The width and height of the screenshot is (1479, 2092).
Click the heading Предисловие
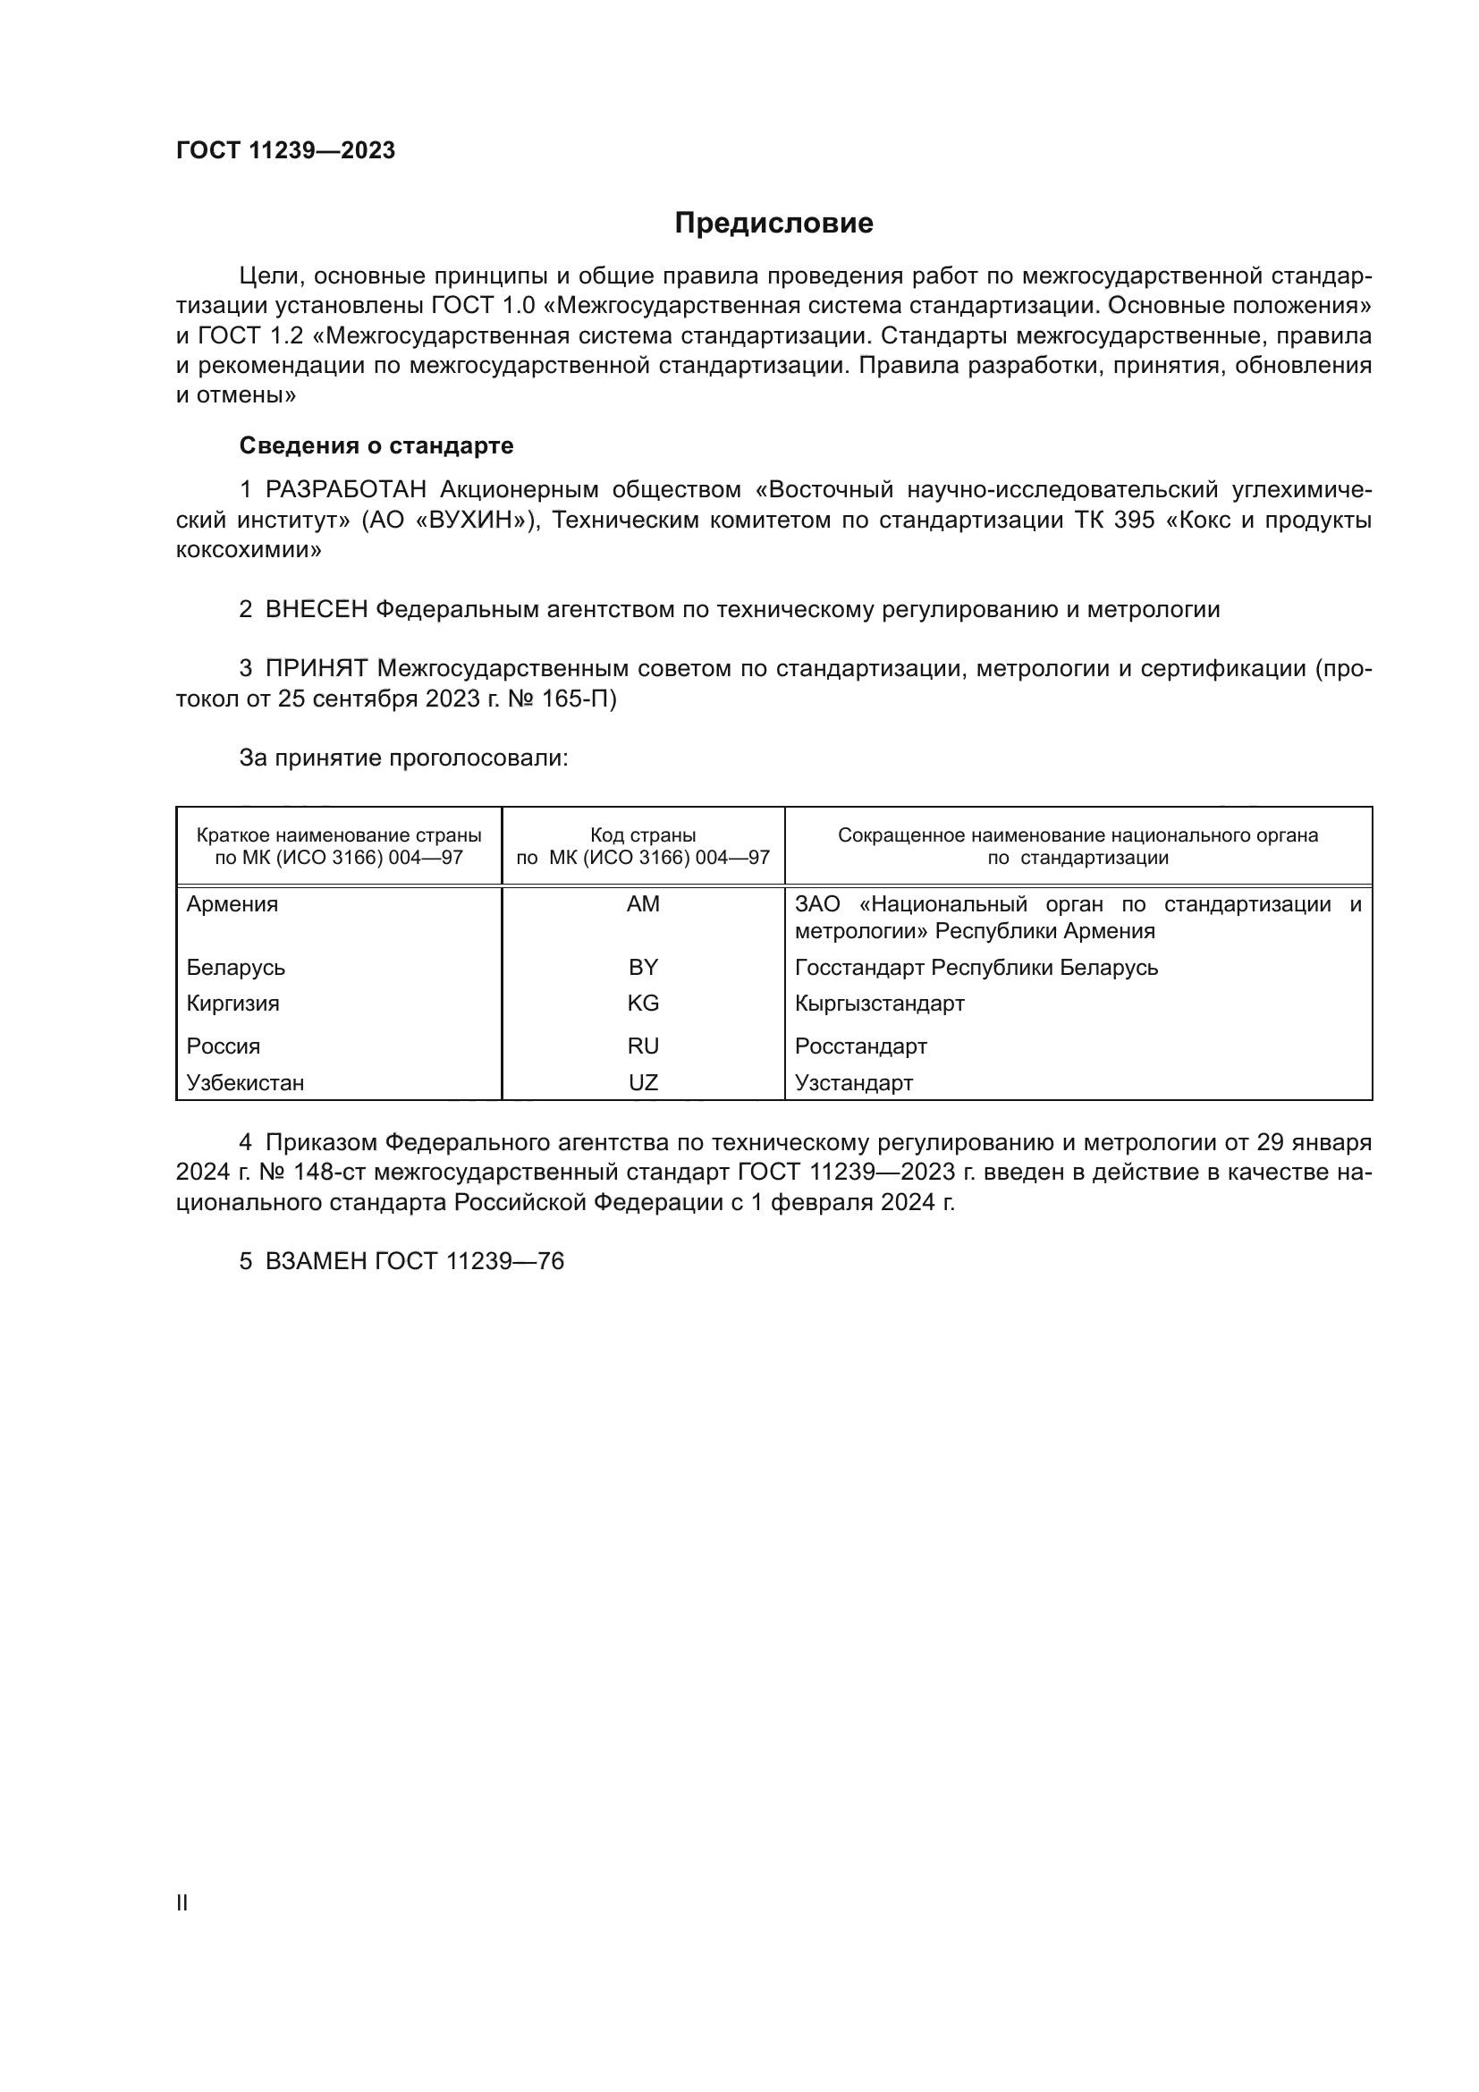[x=773, y=224]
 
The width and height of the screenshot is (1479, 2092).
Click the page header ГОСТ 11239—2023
[x=285, y=150]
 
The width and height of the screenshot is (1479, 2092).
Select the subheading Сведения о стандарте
[x=376, y=445]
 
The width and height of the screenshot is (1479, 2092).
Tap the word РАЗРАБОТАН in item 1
[x=345, y=490]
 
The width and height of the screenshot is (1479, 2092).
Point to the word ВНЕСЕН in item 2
[x=316, y=610]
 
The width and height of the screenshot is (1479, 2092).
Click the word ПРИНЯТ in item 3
[x=316, y=669]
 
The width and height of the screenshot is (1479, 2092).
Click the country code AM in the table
[x=643, y=904]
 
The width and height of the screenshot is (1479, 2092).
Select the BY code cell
[x=643, y=967]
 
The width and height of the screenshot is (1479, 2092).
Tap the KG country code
[x=643, y=1004]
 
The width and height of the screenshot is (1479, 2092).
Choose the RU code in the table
[x=643, y=1046]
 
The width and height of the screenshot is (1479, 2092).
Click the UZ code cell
[x=643, y=1082]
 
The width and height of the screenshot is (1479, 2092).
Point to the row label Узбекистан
[x=245, y=1082]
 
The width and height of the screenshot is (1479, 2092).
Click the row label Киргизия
[x=233, y=1004]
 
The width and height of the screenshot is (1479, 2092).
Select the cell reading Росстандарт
[x=860, y=1046]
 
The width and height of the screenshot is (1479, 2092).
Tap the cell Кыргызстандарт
[x=879, y=1004]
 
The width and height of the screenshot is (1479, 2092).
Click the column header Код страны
[x=643, y=834]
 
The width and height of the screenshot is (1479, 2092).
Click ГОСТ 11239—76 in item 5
[x=469, y=1261]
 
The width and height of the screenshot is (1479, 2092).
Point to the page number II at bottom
[x=182, y=1902]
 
